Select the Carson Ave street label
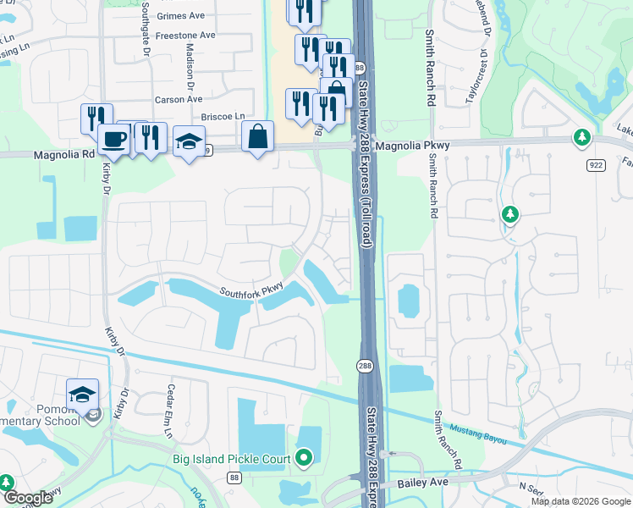coord(178,100)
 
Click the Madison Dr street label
coord(190,67)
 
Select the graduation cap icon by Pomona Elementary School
coord(82,395)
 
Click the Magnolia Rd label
coord(64,155)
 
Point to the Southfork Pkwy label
coord(250,293)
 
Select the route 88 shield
coord(234,479)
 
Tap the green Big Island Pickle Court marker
coord(304,459)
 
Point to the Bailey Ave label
coord(422,482)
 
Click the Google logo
coord(27,498)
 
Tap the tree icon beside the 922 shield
coord(581,137)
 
